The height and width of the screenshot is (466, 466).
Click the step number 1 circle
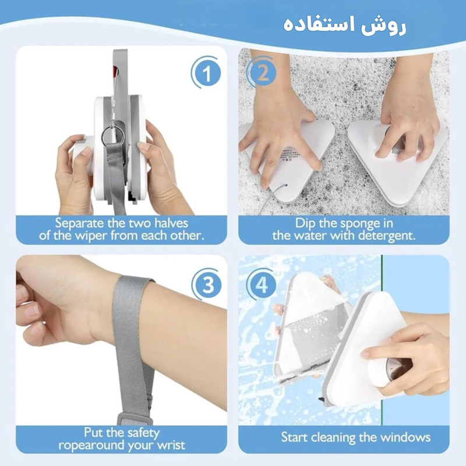[207, 73]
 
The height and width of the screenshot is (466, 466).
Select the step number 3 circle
[207, 285]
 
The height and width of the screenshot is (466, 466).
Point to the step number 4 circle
[262, 285]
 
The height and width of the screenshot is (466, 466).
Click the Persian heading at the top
[345, 25]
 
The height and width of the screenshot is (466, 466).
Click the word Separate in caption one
[79, 223]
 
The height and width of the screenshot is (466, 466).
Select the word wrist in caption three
[171, 445]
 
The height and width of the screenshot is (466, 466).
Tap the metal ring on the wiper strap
[112, 136]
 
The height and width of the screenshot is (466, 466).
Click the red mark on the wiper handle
[115, 70]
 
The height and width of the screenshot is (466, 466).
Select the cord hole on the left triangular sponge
[285, 185]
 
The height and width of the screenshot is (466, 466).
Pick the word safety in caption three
[143, 433]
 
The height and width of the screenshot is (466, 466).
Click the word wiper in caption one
[91, 236]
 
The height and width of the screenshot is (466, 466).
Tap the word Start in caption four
[294, 437]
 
